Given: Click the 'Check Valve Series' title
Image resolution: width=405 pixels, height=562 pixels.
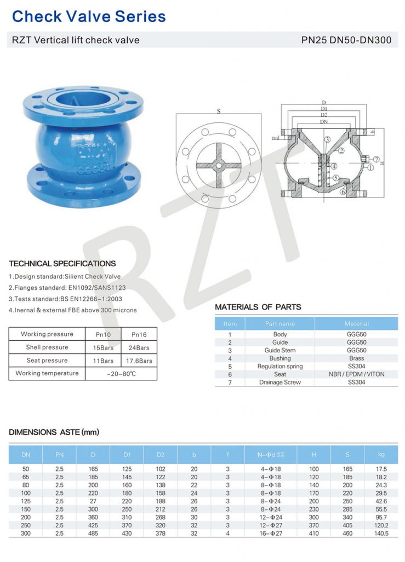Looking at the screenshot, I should [x=89, y=16].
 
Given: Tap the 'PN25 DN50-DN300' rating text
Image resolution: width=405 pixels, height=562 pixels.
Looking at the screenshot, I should [x=346, y=40].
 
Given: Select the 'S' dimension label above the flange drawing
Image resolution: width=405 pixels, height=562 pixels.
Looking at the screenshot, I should [x=219, y=111].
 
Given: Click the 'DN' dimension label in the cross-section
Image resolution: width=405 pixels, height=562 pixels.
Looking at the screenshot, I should [x=324, y=121].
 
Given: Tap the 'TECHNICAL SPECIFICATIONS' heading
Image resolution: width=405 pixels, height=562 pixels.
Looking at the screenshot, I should [x=62, y=263].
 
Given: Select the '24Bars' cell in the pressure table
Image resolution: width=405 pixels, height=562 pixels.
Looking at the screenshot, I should [x=143, y=347].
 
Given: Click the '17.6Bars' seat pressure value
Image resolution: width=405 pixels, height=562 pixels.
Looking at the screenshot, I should [x=143, y=361].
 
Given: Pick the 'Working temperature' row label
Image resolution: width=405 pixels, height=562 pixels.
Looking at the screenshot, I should [x=47, y=373].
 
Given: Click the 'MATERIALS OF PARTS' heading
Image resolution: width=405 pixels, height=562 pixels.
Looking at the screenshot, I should [x=258, y=307].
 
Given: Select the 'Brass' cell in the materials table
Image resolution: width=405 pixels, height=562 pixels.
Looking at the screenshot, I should [x=356, y=358].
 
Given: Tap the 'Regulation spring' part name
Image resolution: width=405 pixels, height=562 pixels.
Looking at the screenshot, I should [x=279, y=366].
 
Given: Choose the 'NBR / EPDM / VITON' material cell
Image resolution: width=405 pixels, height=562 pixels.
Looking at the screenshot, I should [x=356, y=374].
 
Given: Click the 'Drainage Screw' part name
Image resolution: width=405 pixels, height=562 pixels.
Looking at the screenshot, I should [x=279, y=382].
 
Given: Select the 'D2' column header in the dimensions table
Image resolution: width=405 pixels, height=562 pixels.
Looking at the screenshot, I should [x=161, y=454].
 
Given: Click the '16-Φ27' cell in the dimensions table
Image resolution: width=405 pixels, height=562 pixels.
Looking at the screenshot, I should [x=271, y=533].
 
